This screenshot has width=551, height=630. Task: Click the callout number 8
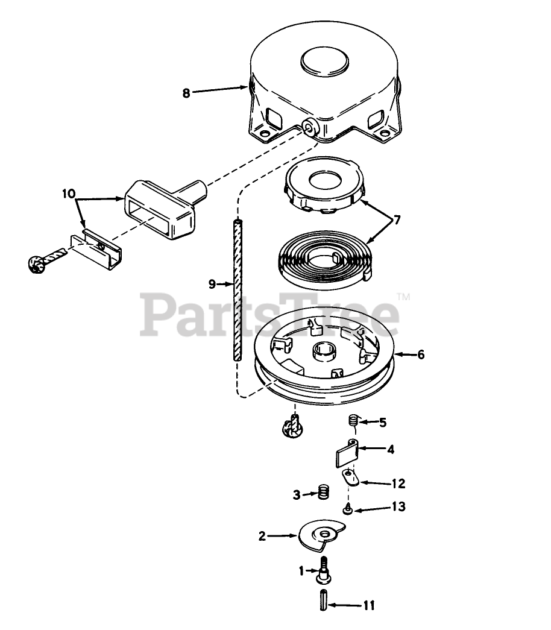tap(186, 93)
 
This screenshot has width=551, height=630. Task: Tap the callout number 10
tap(69, 194)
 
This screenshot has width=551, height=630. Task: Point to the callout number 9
tap(212, 283)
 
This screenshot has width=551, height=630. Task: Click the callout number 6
tap(420, 354)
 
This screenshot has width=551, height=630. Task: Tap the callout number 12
tap(398, 484)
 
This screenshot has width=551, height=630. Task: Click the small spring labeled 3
tap(324, 493)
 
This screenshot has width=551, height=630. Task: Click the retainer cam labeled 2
tap(323, 534)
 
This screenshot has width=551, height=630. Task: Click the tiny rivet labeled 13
tap(348, 511)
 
